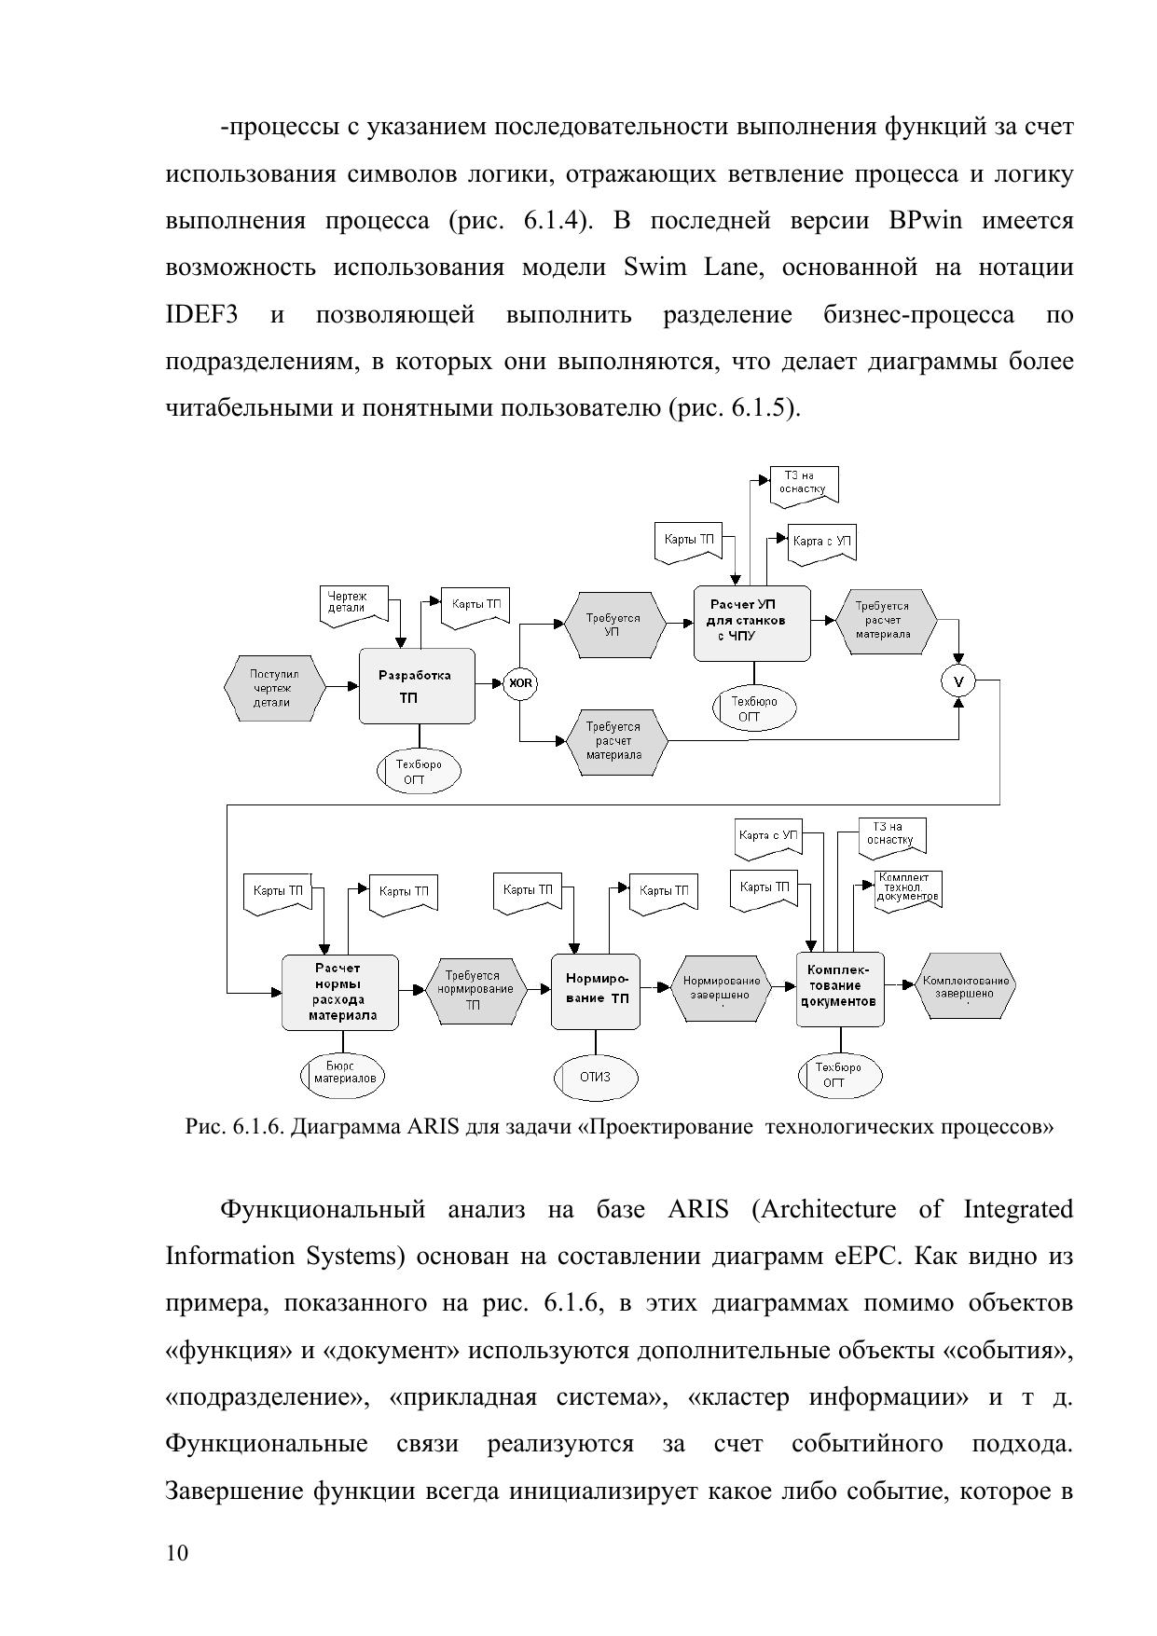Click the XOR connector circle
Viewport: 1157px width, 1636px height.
tap(521, 683)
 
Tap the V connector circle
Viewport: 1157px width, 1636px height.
tap(958, 682)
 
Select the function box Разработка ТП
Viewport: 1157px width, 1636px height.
tap(417, 686)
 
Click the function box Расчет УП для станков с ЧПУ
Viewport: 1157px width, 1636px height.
tap(751, 623)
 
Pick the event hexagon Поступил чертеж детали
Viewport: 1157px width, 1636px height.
tap(274, 688)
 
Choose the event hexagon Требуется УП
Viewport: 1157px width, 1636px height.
tap(614, 624)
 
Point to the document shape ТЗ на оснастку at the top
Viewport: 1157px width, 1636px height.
tap(804, 485)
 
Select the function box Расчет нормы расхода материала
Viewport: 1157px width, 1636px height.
tap(339, 992)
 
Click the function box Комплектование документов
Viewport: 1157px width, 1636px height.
tap(839, 988)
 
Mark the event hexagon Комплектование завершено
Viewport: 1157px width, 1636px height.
tap(965, 986)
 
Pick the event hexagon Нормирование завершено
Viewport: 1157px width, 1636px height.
tap(722, 988)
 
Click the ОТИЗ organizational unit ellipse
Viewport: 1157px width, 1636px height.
tap(595, 1077)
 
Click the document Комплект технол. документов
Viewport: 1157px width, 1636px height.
tap(907, 889)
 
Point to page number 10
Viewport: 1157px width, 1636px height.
tap(176, 1552)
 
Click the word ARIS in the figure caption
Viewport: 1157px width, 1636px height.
tap(433, 1127)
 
